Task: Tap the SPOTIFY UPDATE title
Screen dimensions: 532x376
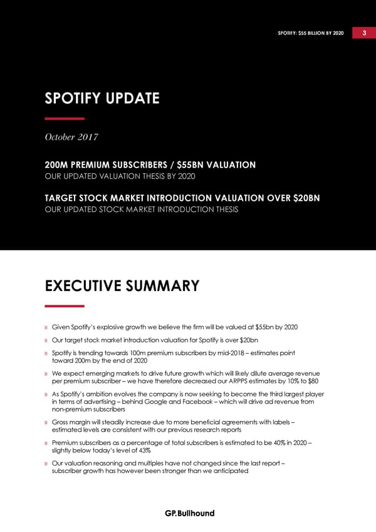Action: (102, 98)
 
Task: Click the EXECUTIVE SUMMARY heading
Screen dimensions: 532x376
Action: (122, 286)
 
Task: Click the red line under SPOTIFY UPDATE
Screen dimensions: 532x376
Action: (65, 119)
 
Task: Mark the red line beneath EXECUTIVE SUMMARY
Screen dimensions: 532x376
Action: (65, 306)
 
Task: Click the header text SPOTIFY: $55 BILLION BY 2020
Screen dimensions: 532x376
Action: (311, 33)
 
